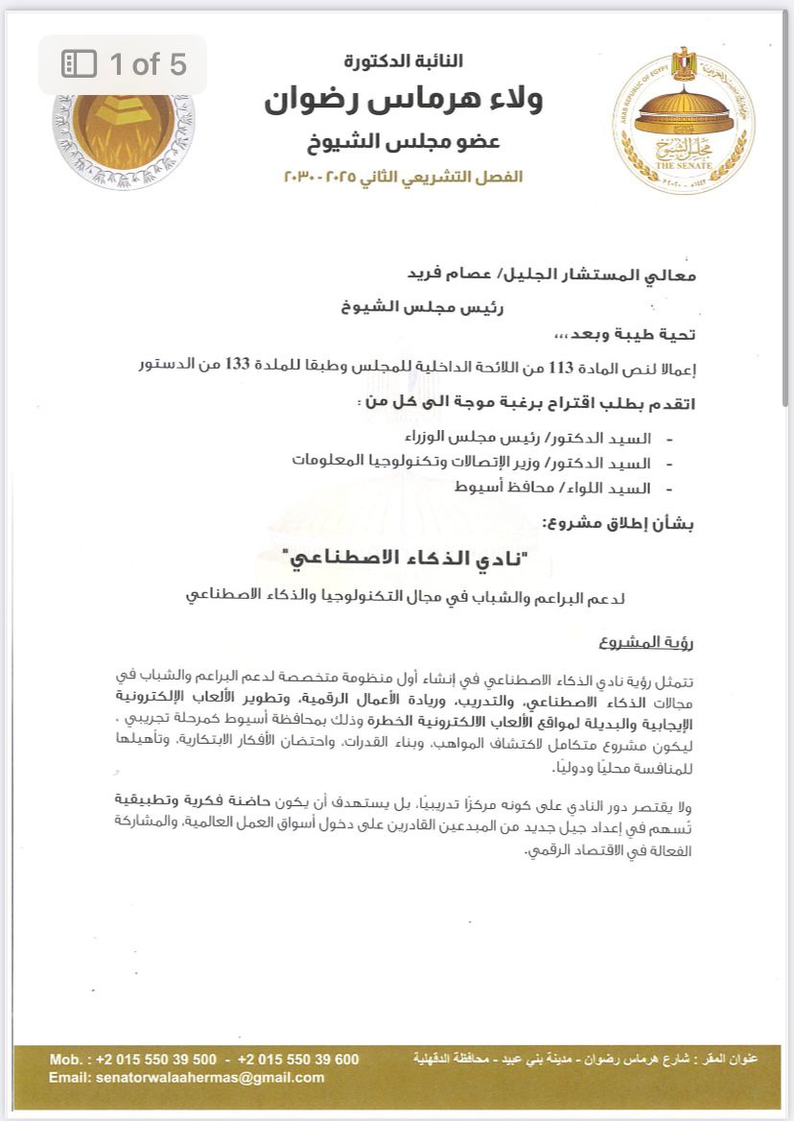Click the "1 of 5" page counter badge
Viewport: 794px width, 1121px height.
click(123, 64)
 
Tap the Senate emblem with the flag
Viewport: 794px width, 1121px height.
click(684, 118)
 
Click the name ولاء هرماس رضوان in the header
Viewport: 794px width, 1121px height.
click(403, 101)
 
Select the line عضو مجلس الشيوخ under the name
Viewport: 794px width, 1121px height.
click(403, 142)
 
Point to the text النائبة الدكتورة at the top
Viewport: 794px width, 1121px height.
click(404, 61)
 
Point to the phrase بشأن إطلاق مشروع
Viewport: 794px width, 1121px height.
click(619, 523)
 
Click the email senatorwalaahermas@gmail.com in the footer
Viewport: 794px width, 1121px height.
click(187, 1078)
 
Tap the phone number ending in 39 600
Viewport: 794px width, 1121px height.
click(298, 1059)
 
